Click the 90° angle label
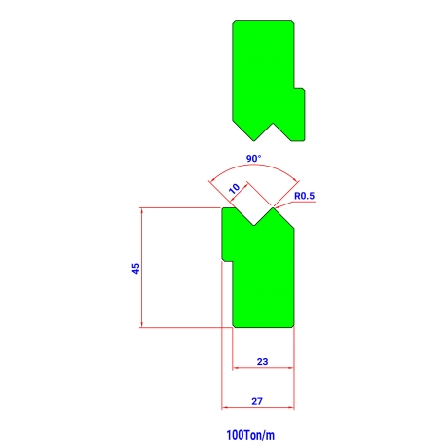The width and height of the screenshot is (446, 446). click(x=253, y=159)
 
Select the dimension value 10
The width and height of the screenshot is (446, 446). click(x=234, y=188)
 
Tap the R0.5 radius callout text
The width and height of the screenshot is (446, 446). click(x=304, y=196)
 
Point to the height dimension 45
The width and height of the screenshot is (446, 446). click(x=136, y=268)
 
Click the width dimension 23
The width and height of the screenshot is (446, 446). click(x=262, y=361)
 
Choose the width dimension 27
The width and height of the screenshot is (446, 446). click(x=257, y=401)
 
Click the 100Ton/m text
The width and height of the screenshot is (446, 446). click(x=250, y=435)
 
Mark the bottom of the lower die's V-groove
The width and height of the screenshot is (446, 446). click(x=254, y=225)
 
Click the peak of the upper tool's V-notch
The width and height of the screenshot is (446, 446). click(x=273, y=124)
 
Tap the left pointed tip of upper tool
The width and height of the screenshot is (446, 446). click(x=254, y=140)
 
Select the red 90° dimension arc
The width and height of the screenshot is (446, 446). click(x=254, y=167)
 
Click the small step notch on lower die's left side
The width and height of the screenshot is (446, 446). click(x=227, y=260)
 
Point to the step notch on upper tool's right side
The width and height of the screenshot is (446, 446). click(x=299, y=89)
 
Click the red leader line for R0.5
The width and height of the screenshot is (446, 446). click(x=295, y=204)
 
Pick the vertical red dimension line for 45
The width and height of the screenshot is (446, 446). click(x=142, y=268)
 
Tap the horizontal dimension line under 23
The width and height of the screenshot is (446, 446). click(x=263, y=368)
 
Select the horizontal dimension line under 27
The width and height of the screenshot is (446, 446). click(x=258, y=407)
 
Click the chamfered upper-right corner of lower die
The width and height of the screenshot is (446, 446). click(x=284, y=219)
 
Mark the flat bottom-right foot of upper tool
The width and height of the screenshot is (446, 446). click(x=298, y=140)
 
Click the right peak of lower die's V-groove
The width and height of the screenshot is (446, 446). click(x=273, y=208)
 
